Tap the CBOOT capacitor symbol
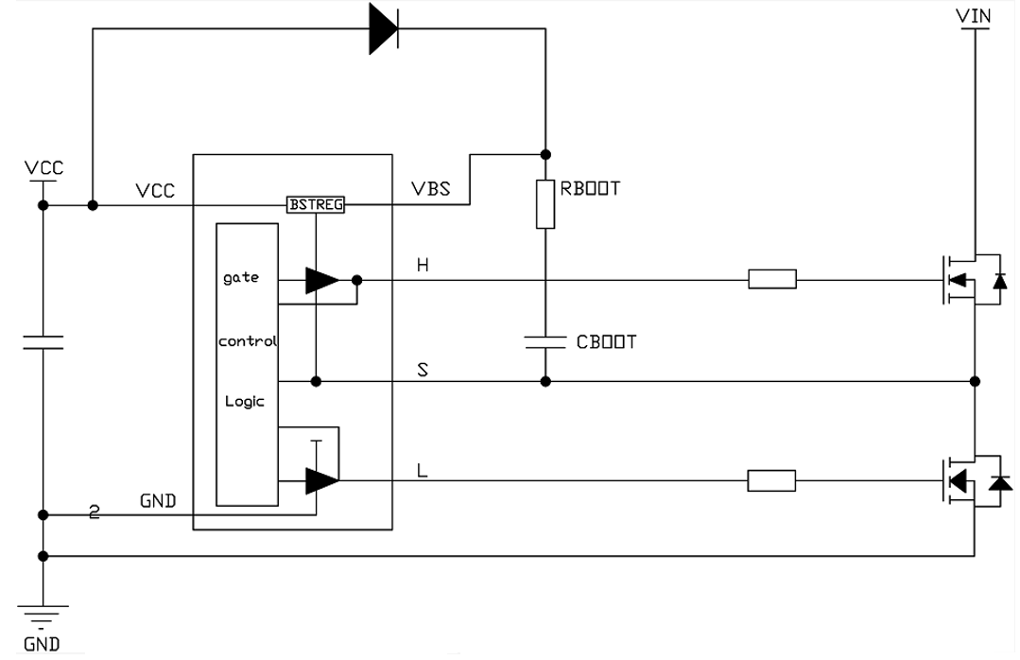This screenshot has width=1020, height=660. (545, 341)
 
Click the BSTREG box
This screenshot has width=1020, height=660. (316, 204)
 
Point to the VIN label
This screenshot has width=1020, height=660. (974, 15)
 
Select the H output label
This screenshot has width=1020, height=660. (423, 266)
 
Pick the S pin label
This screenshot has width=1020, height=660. (423, 370)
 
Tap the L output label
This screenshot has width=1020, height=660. (423, 468)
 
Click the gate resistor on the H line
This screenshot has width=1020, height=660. (771, 279)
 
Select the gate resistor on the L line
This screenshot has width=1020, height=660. (771, 481)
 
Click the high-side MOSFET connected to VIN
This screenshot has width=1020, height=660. (964, 280)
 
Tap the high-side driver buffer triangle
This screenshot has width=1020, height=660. (321, 280)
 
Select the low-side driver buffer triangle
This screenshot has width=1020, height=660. (321, 481)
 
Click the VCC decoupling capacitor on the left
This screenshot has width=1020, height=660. (43, 341)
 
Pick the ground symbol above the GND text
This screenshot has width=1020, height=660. (42, 616)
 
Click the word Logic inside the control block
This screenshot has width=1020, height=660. (244, 401)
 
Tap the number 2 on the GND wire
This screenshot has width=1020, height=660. (93, 512)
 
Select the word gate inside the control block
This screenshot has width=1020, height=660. (240, 278)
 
